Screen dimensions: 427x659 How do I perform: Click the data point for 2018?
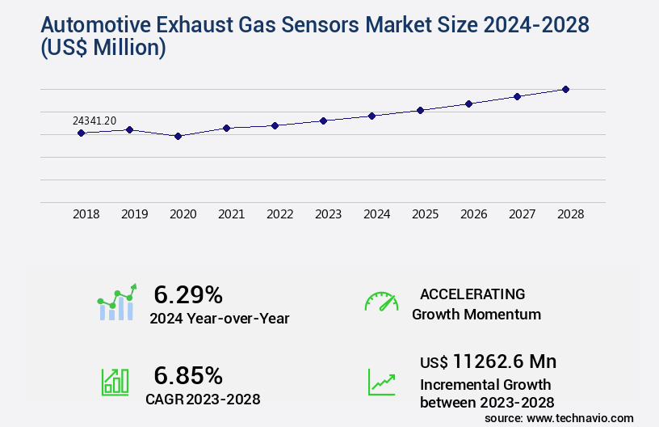pyautogui.click(x=82, y=133)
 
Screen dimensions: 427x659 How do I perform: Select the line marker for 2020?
pyautogui.click(x=178, y=136)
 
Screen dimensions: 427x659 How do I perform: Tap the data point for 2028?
pyautogui.click(x=566, y=89)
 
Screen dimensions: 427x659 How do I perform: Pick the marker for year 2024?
pyautogui.click(x=372, y=116)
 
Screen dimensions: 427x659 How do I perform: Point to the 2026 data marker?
pyautogui.click(x=469, y=104)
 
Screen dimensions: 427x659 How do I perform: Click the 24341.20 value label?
pyautogui.click(x=94, y=120)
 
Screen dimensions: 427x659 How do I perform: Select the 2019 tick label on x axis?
pyautogui.click(x=135, y=214)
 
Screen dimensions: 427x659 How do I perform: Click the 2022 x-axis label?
pyautogui.click(x=280, y=214)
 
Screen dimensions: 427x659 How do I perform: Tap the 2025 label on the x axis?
pyautogui.click(x=426, y=214)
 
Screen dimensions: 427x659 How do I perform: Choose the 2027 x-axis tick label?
pyautogui.click(x=523, y=214)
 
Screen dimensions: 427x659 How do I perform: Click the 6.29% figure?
pyautogui.click(x=188, y=294)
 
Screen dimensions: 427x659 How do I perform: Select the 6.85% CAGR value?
pyautogui.click(x=188, y=375)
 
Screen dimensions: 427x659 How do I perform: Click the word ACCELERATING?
pyautogui.click(x=472, y=294)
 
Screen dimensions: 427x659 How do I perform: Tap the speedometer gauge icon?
pyautogui.click(x=381, y=302)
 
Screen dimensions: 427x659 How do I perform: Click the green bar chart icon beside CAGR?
pyautogui.click(x=115, y=382)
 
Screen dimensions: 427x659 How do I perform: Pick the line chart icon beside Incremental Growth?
pyautogui.click(x=381, y=382)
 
